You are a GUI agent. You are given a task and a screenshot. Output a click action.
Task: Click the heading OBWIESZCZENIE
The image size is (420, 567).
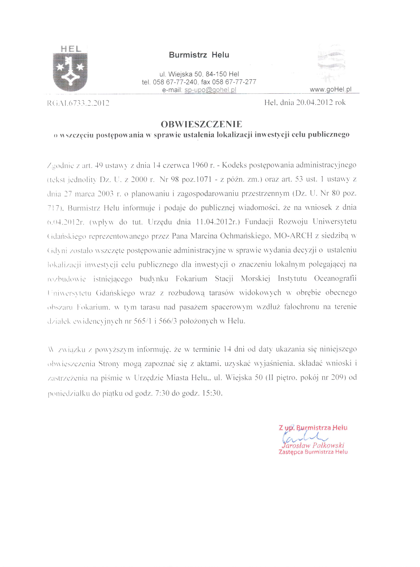(x=201, y=124)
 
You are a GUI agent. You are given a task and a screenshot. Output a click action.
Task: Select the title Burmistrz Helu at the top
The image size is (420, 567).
(x=199, y=55)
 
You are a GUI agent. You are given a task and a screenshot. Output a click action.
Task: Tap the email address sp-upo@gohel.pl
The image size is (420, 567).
(x=210, y=90)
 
